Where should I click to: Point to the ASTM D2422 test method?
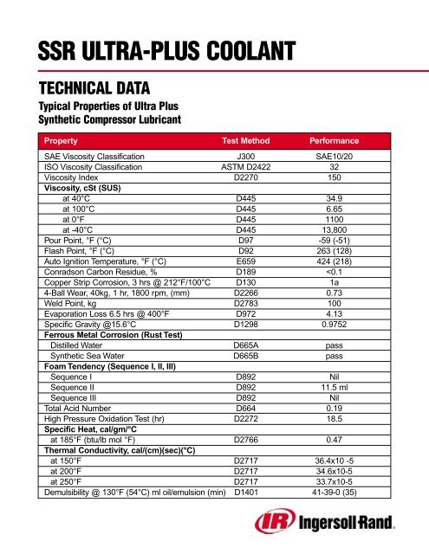point(251,166)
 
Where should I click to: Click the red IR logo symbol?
point(270,524)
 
